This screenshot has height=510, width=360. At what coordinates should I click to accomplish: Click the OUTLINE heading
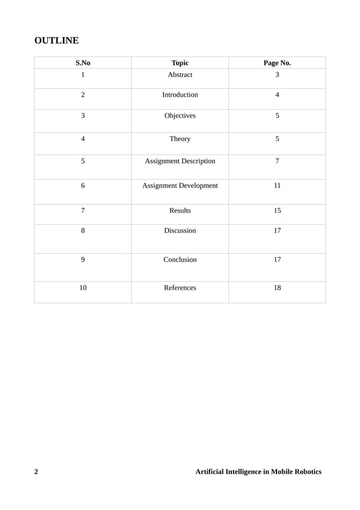tap(56, 41)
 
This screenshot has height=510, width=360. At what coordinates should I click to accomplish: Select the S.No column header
tap(83, 63)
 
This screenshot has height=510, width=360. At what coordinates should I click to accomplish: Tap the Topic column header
tap(180, 63)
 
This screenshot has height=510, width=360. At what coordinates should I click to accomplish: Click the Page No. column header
tap(277, 63)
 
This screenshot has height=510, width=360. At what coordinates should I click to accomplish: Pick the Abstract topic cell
tap(180, 75)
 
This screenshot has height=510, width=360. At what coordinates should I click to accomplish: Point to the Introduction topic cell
tap(180, 95)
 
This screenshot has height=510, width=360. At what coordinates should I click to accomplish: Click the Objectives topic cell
tap(180, 116)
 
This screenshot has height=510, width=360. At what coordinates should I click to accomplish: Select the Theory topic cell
tap(180, 139)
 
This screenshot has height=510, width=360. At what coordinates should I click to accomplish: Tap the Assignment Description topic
tap(180, 162)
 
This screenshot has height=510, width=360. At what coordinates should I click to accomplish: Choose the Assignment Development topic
tap(180, 186)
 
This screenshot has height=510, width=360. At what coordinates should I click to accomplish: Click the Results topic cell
tap(180, 211)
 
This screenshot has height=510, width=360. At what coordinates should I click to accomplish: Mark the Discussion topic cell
tap(180, 230)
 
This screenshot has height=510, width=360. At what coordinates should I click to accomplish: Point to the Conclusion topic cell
tap(180, 260)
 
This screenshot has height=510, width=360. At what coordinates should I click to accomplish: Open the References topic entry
tap(180, 288)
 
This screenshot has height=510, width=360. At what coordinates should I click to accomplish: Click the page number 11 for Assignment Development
tap(277, 186)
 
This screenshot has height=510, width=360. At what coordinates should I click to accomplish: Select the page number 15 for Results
tap(277, 211)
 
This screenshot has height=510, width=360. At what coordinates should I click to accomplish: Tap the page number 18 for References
tap(277, 288)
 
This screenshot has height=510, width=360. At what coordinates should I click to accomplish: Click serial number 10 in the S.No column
tap(83, 288)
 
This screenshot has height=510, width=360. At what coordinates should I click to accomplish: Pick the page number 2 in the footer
tap(37, 472)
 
